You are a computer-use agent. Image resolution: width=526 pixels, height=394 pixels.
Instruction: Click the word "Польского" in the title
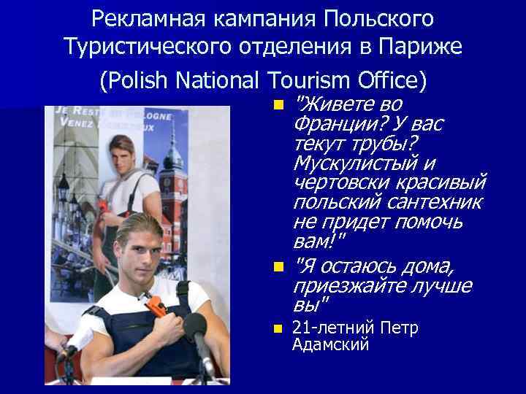click(x=374, y=16)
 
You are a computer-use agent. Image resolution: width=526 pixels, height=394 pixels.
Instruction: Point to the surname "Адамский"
click(x=329, y=344)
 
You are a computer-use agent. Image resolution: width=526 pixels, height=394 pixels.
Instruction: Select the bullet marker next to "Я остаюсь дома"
click(x=278, y=267)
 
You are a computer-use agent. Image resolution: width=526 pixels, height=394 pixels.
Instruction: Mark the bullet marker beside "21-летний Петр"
click(x=278, y=329)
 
